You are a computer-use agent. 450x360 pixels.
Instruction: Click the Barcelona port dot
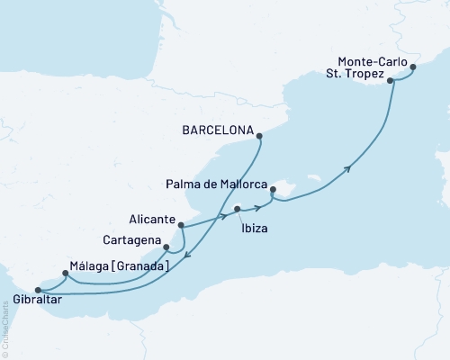pyautogui.click(x=259, y=137)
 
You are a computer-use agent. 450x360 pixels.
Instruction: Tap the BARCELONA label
pyautogui.click(x=215, y=129)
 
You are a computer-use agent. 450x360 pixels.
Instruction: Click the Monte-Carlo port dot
pyautogui.click(x=413, y=67)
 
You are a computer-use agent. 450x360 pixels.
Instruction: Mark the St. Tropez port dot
pyautogui.click(x=391, y=81)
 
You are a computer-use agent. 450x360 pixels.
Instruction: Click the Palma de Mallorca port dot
pyautogui.click(x=273, y=190)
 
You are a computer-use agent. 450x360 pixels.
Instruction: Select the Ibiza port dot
pyautogui.click(x=238, y=210)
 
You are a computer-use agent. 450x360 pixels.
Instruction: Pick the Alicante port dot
pyautogui.click(x=181, y=225)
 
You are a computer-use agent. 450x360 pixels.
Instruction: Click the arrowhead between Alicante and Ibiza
pyautogui.click(x=221, y=217)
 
